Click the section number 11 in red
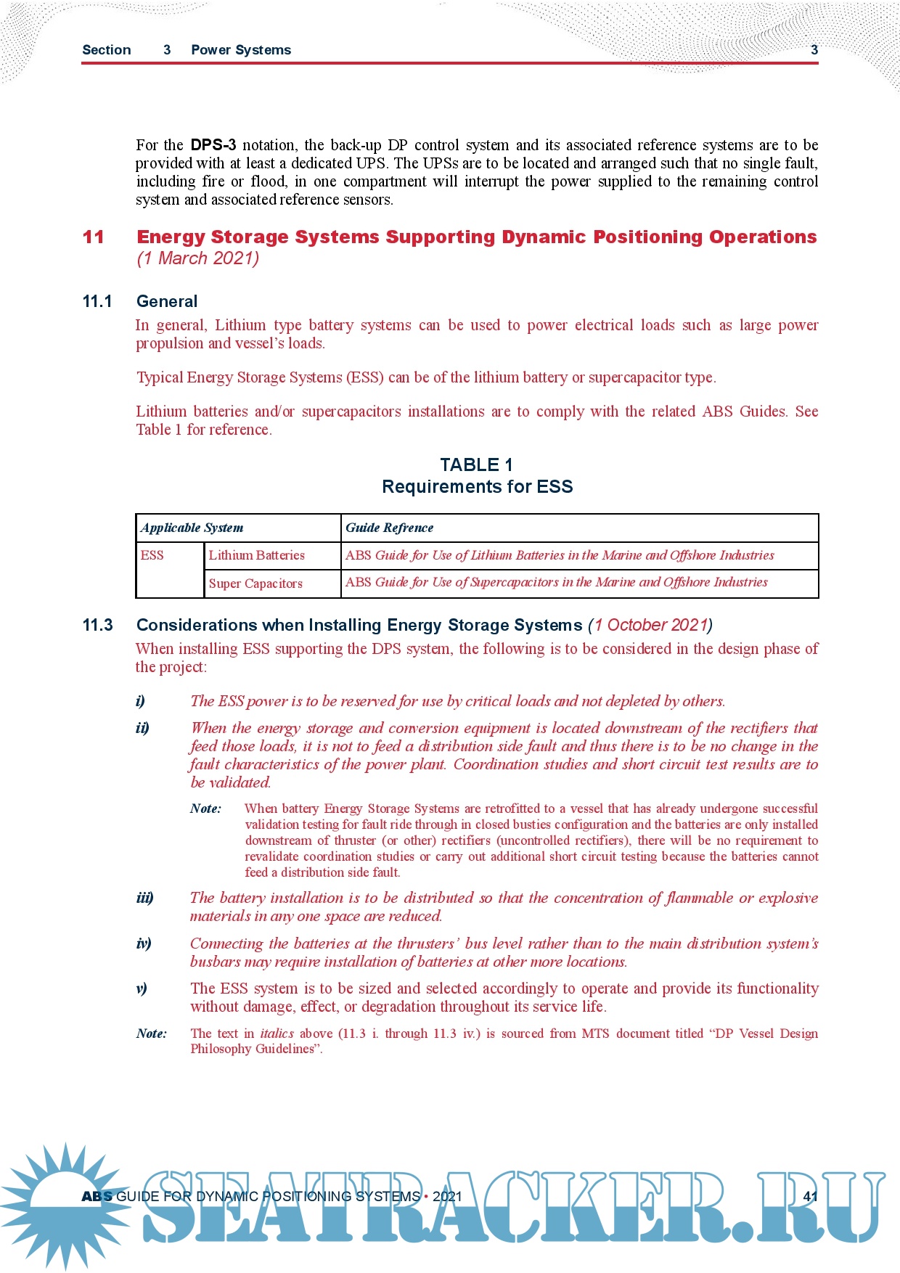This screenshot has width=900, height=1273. (94, 237)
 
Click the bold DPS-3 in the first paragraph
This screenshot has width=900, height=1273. (213, 145)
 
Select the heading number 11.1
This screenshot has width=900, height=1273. (97, 301)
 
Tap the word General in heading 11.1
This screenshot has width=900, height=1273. (167, 301)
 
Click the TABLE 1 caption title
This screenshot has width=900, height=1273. (476, 465)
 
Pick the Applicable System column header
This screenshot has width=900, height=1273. (192, 528)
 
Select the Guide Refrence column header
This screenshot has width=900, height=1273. (389, 528)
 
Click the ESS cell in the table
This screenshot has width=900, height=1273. (152, 555)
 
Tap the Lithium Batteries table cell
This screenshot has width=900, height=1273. (256, 555)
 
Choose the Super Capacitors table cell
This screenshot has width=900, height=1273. (255, 584)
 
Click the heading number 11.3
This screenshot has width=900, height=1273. (98, 625)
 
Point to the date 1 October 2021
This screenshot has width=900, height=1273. (650, 625)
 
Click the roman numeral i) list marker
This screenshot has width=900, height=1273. (140, 701)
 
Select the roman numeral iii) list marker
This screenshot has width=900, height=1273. (144, 898)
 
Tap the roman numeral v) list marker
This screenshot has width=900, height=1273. (141, 988)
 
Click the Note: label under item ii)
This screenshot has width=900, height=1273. (206, 809)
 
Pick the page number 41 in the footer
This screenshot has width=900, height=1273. (811, 1196)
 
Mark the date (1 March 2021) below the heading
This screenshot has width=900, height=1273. (197, 258)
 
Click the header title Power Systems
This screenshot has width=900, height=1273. (241, 50)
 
